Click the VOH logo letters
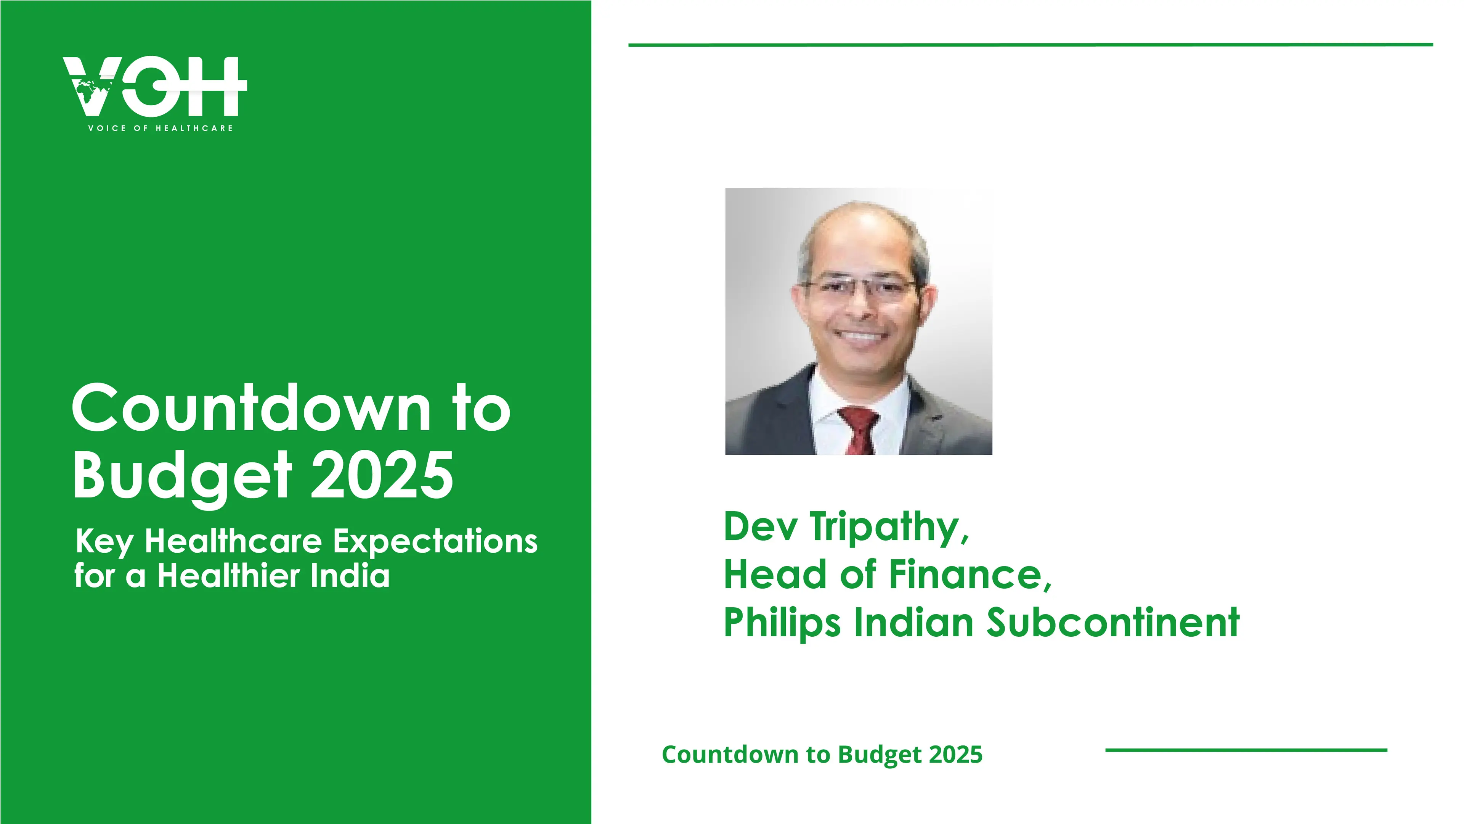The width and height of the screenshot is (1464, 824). tap(154, 87)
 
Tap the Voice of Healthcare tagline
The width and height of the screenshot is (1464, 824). tap(160, 128)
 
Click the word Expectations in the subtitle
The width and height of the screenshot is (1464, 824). tap(435, 542)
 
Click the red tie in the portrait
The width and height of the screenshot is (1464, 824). tap(859, 430)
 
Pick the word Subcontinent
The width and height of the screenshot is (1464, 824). tap(1113, 622)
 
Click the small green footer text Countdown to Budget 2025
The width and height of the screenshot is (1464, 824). tap(822, 755)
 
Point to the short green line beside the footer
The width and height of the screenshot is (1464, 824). tap(1246, 750)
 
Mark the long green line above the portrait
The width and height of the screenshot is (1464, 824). tap(1031, 44)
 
